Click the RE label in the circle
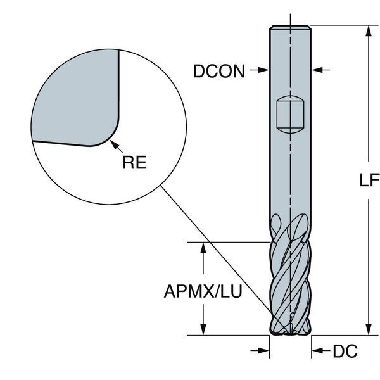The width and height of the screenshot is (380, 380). tap(134, 162)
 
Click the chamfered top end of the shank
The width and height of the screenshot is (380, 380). tap(290, 28)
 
